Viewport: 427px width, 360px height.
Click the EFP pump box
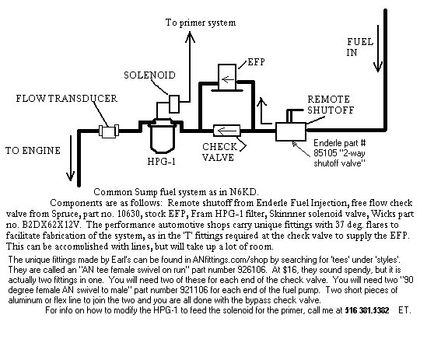coord(227,77)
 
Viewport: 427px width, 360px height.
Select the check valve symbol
coord(227,131)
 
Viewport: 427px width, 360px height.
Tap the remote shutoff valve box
coord(291,132)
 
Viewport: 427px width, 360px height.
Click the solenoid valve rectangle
coord(174,103)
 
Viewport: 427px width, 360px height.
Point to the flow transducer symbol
coord(109,131)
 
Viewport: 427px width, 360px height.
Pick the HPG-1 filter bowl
coord(163,138)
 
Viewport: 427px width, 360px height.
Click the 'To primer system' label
coord(201,23)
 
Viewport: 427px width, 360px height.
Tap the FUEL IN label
coord(360,47)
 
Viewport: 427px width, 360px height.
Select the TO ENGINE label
coord(33,151)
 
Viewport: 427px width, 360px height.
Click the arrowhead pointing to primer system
coord(190,37)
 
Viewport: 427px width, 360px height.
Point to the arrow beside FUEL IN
coord(378,48)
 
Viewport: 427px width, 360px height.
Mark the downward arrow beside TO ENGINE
coord(71,158)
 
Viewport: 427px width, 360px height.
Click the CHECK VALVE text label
coord(220,152)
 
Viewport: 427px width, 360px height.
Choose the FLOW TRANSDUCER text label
coord(66,99)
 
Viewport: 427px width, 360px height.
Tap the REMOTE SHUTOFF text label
coord(331,104)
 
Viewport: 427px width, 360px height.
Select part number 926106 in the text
coord(251,270)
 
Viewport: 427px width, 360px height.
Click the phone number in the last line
coord(367,310)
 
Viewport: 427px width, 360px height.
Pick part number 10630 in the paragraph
coord(129,214)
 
